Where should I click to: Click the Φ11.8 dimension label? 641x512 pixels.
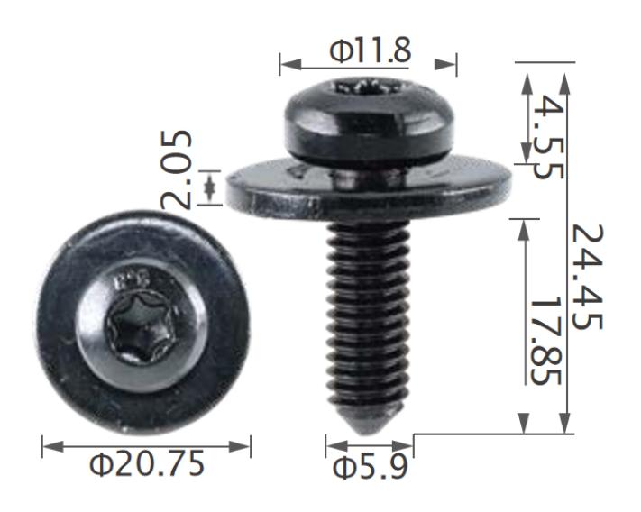coord(370,50)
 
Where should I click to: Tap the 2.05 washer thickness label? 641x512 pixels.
coord(176,169)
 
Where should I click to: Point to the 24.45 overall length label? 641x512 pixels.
coord(588,276)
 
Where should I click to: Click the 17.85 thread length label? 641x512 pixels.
coord(545,340)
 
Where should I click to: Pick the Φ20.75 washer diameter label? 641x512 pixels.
coord(147,463)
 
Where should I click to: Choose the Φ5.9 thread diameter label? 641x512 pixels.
coord(370,468)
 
